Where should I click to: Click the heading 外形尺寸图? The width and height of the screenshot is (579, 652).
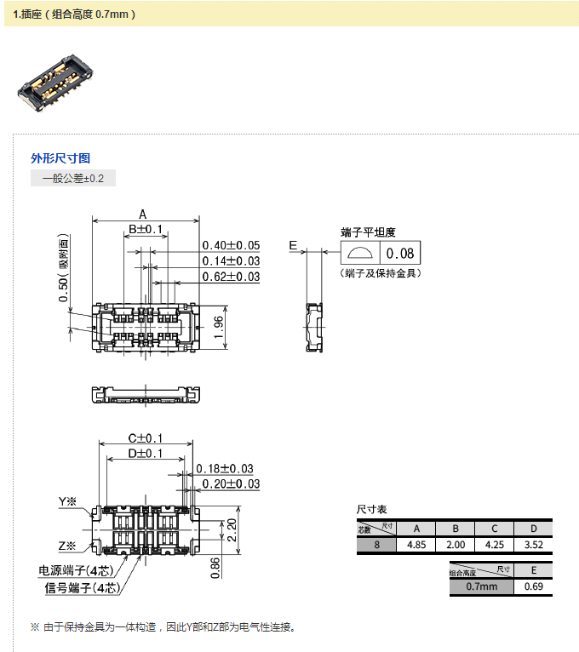pyautogui.click(x=60, y=157)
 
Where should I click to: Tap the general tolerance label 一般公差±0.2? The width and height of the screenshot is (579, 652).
pyautogui.click(x=72, y=178)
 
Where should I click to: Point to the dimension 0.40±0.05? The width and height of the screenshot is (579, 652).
pyautogui.click(x=231, y=245)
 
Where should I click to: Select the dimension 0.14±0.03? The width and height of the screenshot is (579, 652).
pyautogui.click(x=231, y=260)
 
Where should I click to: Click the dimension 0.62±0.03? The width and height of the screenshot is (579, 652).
pyautogui.click(x=231, y=277)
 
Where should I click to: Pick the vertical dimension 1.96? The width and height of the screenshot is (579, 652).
pyautogui.click(x=218, y=328)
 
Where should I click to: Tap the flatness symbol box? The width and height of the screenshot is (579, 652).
pyautogui.click(x=360, y=253)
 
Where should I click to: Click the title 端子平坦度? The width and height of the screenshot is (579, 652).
pyautogui.click(x=368, y=232)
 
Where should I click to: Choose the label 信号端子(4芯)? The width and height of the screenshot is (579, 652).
pyautogui.click(x=81, y=587)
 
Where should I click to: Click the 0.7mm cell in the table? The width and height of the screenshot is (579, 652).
pyautogui.click(x=481, y=586)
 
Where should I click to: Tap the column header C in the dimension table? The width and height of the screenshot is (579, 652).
pyautogui.click(x=494, y=528)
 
